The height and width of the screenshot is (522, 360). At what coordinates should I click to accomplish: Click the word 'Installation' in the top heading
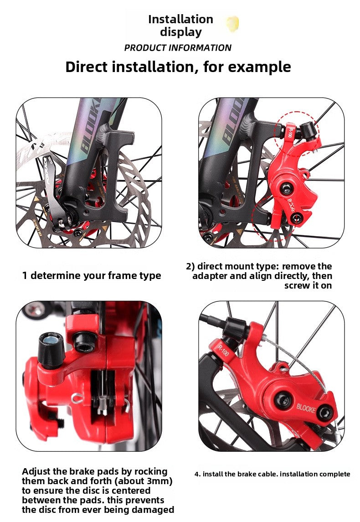[180, 19]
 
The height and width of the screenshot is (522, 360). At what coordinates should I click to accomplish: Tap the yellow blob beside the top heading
[232, 23]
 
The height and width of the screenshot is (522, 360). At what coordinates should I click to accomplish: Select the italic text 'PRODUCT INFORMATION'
[178, 48]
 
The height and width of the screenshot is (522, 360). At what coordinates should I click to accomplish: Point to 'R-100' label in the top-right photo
[290, 133]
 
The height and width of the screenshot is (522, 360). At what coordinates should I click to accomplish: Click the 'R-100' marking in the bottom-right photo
[223, 351]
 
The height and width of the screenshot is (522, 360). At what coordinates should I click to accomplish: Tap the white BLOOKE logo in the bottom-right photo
[306, 408]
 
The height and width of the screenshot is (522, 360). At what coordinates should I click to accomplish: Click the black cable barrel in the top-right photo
[307, 128]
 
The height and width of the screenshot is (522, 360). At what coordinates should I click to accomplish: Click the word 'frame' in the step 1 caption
[120, 276]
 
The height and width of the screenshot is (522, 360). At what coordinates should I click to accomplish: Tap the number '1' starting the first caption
[25, 276]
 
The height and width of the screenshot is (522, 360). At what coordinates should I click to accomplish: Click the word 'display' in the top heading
[180, 32]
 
